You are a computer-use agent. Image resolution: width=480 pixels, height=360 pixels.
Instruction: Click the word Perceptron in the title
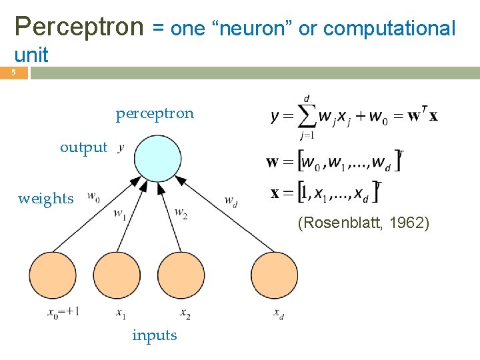(79, 27)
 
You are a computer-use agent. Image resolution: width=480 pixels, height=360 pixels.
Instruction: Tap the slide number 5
(12, 73)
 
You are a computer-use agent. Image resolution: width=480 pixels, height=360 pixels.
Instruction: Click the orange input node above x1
(117, 275)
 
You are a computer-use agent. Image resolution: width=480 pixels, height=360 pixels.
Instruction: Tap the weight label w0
(93, 197)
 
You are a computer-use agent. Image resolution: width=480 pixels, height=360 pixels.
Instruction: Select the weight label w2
(181, 213)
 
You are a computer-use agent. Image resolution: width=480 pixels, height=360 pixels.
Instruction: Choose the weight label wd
(230, 199)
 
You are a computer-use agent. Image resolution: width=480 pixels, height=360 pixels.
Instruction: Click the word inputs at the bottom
(155, 335)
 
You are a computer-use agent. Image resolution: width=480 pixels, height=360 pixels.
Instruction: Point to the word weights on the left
(46, 199)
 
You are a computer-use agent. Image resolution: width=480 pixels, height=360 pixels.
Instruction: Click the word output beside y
(83, 147)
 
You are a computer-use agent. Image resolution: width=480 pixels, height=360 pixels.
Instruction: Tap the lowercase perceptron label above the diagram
(155, 113)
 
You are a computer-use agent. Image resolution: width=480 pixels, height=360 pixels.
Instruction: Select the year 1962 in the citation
(409, 223)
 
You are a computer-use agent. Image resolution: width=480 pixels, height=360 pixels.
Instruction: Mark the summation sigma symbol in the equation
(306, 117)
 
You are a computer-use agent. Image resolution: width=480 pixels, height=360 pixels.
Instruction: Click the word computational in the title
(389, 29)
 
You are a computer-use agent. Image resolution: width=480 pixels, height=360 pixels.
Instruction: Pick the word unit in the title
(31, 55)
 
